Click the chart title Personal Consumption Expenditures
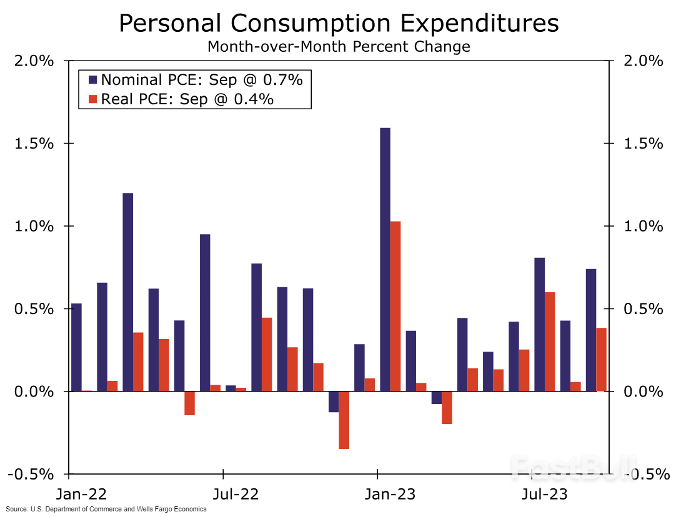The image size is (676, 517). click(338, 24)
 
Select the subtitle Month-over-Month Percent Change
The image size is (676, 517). click(338, 47)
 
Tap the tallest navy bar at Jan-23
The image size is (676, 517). click(385, 259)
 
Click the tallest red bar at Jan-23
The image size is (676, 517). click(395, 306)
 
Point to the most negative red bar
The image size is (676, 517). click(344, 420)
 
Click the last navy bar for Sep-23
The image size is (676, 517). click(590, 330)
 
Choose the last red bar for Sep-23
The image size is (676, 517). click(601, 359)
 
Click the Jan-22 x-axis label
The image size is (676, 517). click(82, 495)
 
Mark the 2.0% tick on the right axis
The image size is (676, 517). click(644, 61)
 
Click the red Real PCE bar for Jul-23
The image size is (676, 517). click(550, 342)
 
